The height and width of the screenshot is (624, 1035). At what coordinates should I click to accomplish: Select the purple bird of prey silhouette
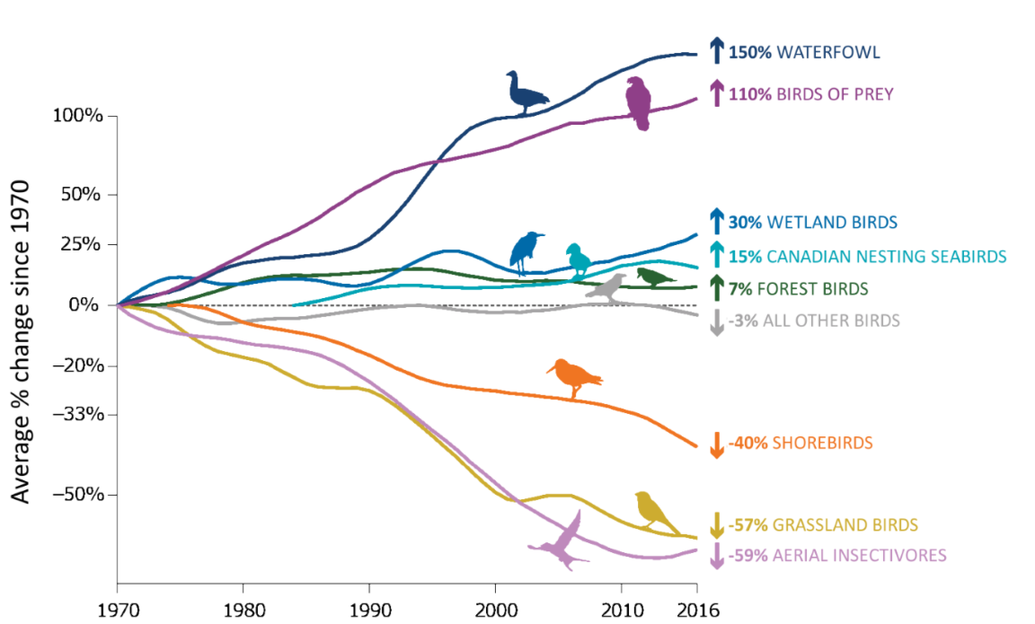pos(639,103)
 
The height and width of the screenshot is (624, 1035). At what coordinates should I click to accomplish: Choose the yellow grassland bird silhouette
pos(655,511)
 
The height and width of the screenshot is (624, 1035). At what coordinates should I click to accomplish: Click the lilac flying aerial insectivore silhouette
pos(562,542)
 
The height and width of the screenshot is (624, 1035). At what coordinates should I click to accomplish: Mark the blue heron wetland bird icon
pos(526,252)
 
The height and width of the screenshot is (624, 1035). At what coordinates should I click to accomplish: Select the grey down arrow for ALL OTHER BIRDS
pos(716,321)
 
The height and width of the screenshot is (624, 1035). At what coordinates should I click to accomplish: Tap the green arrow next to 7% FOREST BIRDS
pos(716,288)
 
